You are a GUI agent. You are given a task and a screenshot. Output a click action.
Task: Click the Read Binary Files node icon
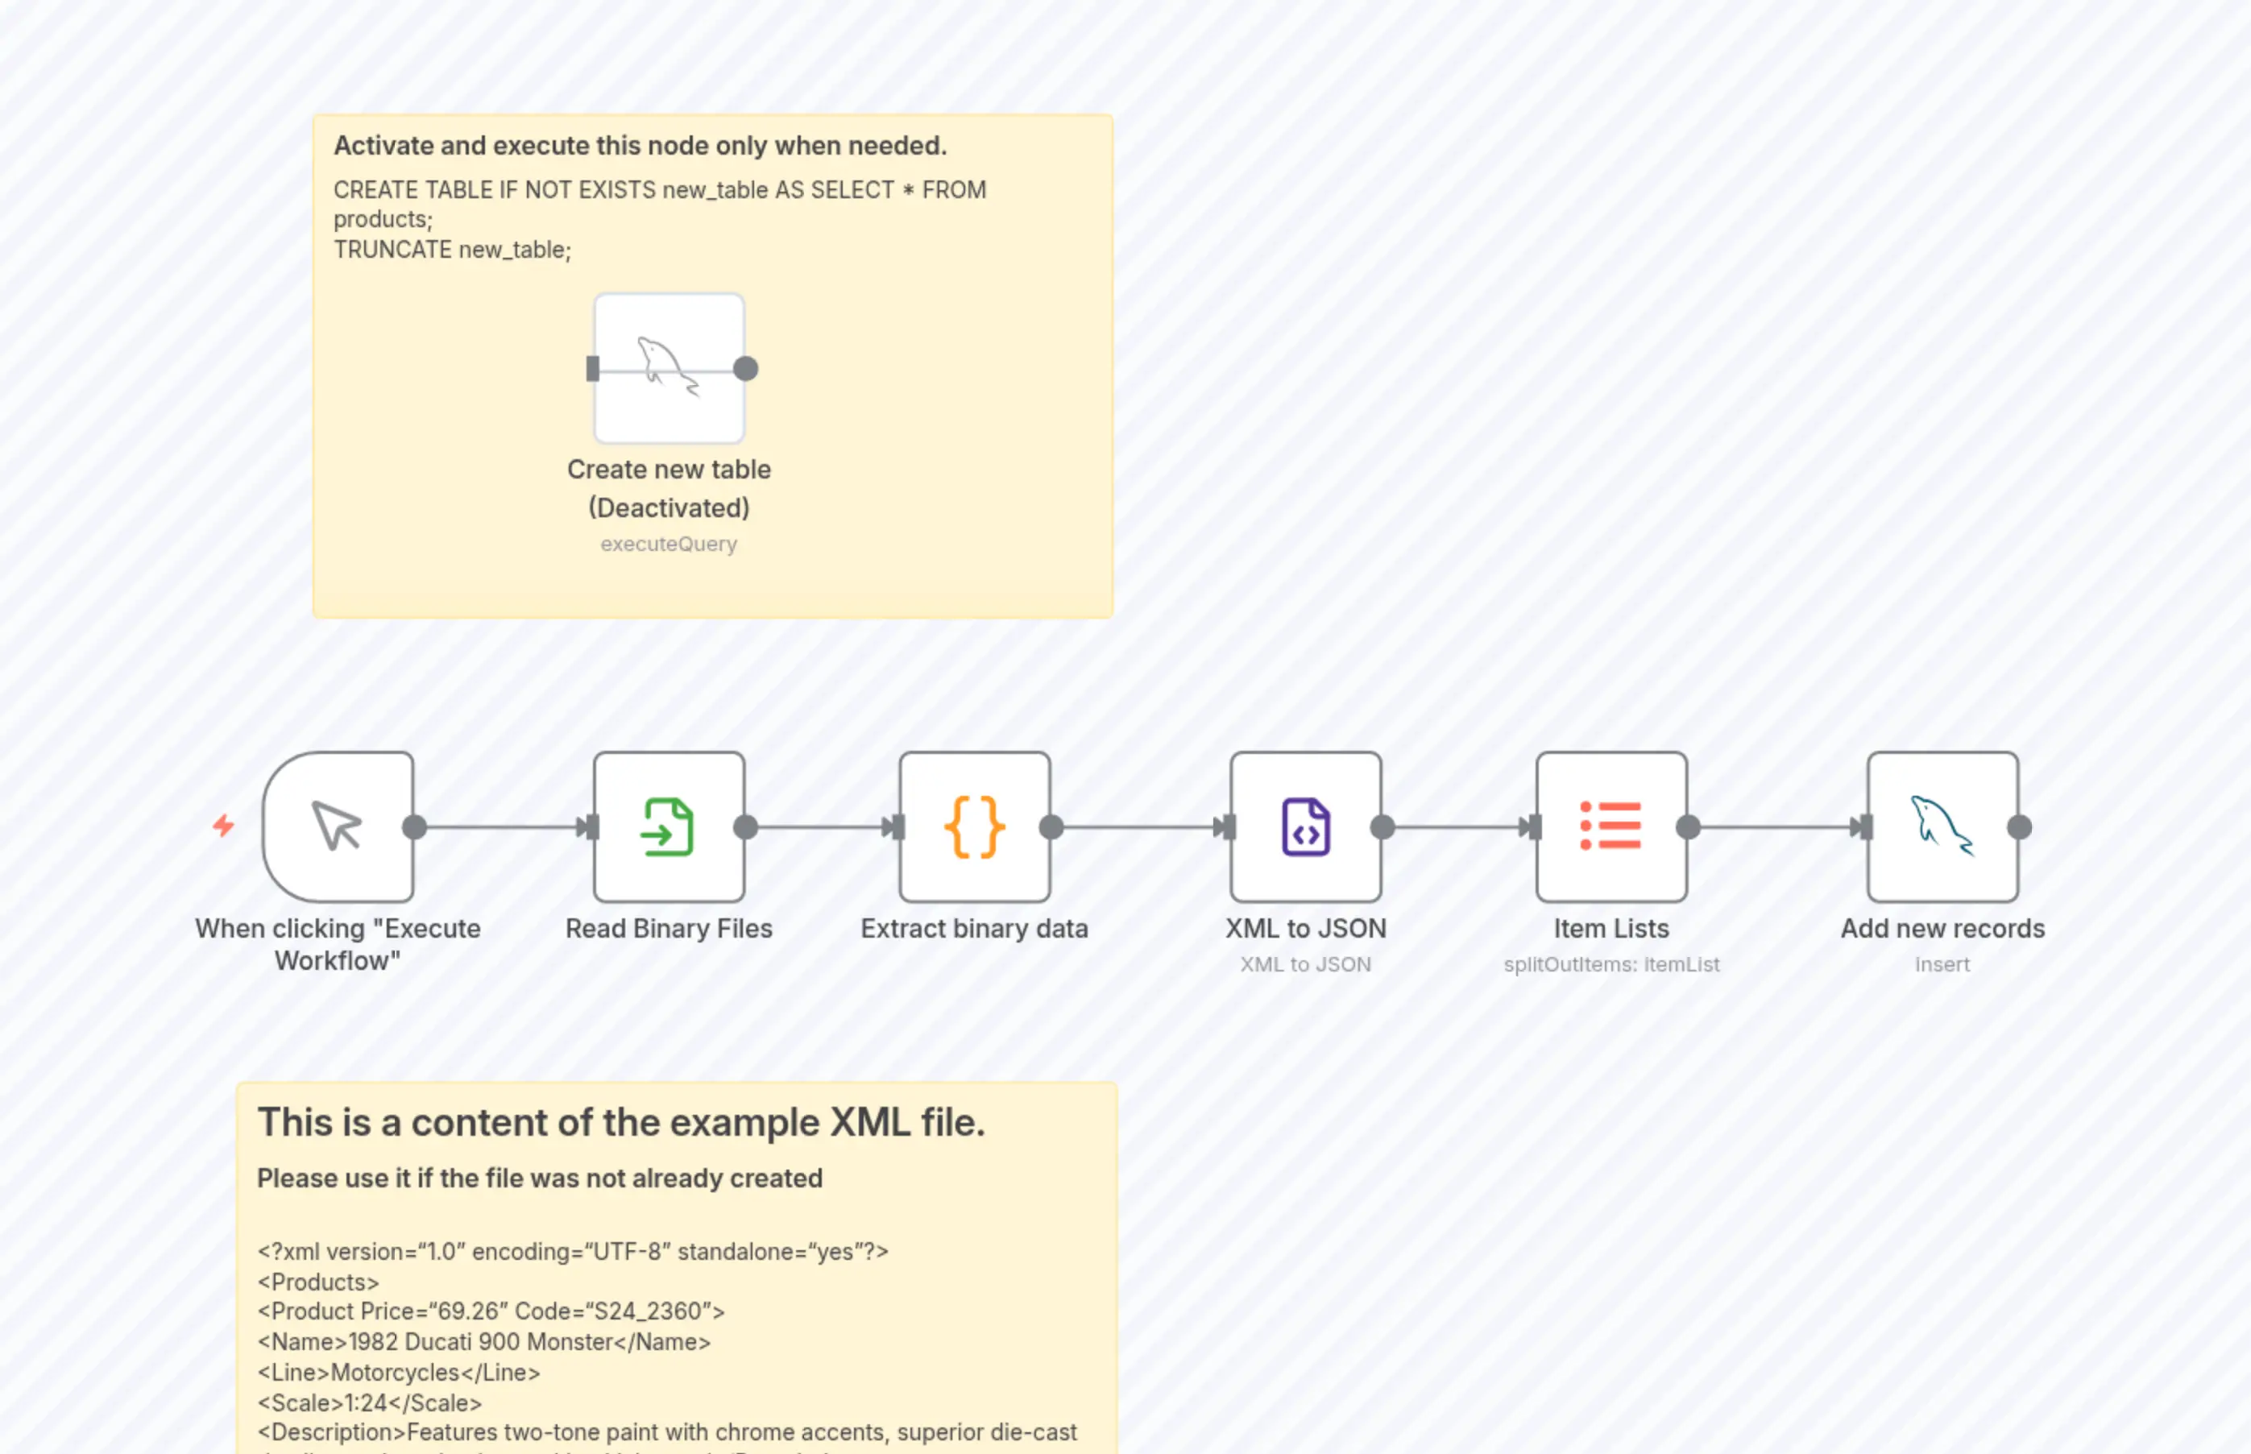tap(669, 827)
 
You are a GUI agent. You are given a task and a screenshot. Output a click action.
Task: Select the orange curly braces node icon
tap(974, 827)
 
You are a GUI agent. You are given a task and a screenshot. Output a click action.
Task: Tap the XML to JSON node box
tap(1305, 827)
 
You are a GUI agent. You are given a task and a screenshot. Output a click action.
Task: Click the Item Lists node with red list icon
tap(1611, 827)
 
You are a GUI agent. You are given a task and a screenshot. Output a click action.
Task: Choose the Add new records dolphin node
tap(1942, 827)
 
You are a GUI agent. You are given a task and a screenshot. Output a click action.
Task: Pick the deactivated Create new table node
tap(669, 368)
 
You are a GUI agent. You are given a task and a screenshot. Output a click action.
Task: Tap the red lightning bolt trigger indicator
tap(223, 826)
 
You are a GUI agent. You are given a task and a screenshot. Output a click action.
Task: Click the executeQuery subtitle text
tap(669, 544)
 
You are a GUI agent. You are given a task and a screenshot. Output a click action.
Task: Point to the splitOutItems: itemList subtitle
tap(1611, 964)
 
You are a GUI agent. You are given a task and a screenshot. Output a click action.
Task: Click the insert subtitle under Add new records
tap(1942, 964)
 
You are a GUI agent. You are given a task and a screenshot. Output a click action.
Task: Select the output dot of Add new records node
tap(2019, 827)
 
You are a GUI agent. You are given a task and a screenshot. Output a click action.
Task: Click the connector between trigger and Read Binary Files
tap(500, 827)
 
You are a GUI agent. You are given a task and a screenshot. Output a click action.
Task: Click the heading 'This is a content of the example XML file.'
tap(620, 1123)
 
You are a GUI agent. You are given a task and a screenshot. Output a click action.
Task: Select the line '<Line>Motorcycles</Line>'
tap(399, 1372)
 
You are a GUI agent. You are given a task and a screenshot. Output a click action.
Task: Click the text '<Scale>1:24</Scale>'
tap(369, 1402)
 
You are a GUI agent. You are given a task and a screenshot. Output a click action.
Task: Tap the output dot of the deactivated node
tap(745, 368)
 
